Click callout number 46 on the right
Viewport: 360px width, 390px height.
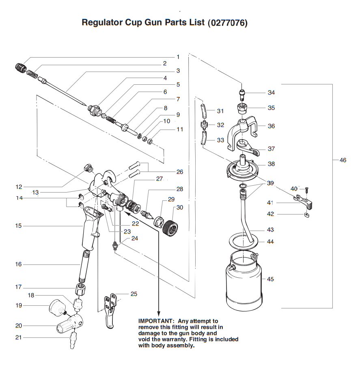pos(343,160)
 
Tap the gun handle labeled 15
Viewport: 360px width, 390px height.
pos(90,231)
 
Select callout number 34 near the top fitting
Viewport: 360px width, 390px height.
pos(271,93)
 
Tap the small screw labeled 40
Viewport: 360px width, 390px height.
pos(306,189)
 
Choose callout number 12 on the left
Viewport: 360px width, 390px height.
pos(19,187)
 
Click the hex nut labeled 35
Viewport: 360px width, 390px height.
pos(242,109)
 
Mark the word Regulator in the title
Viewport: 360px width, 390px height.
pos(102,22)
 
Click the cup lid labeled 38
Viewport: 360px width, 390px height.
pos(242,167)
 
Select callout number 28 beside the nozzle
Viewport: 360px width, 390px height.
pos(179,189)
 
